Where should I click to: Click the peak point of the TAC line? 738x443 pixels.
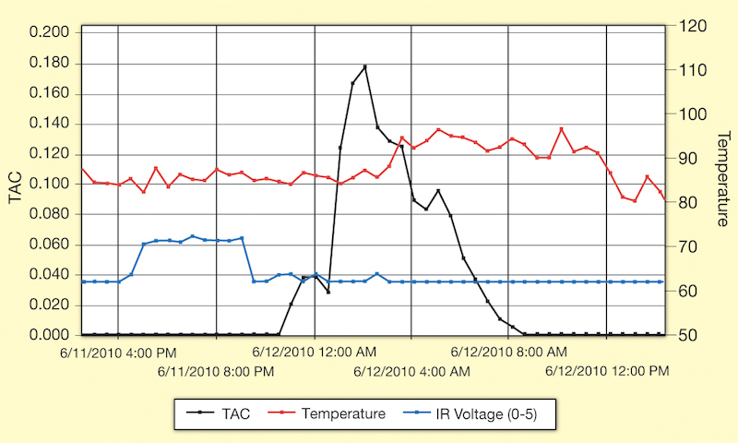tap(365, 66)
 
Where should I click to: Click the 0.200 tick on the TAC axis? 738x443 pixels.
tap(50, 32)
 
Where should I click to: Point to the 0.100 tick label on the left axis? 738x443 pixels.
tap(50, 184)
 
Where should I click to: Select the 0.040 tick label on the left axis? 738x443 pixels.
tap(50, 274)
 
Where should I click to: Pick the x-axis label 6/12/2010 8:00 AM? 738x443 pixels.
tap(508, 352)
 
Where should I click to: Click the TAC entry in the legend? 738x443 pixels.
tap(223, 414)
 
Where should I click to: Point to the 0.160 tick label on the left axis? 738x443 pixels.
tap(50, 93)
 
